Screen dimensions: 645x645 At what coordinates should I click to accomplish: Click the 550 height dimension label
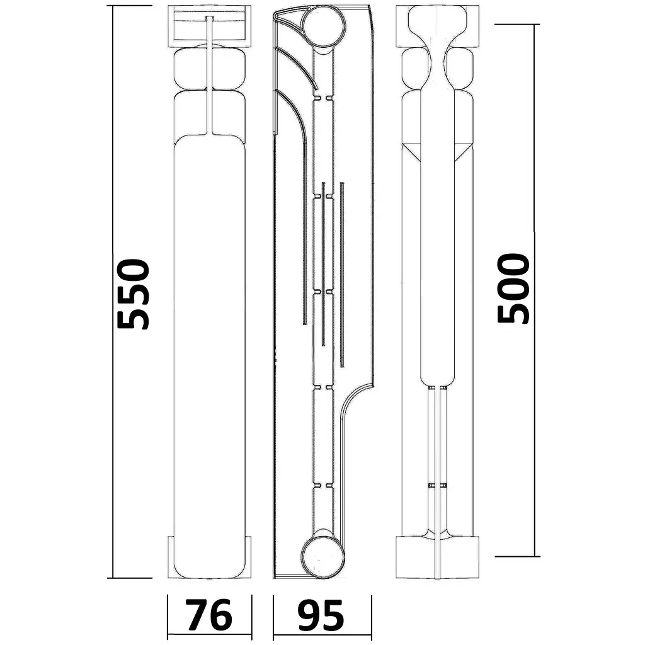[134, 294]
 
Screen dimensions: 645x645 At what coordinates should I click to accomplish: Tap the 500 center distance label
[513, 288]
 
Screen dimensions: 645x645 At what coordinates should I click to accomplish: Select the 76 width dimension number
[209, 615]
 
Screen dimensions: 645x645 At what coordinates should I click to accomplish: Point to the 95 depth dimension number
[321, 615]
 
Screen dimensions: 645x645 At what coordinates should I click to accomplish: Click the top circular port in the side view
[323, 26]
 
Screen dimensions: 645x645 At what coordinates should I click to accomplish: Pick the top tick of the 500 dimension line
[517, 25]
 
